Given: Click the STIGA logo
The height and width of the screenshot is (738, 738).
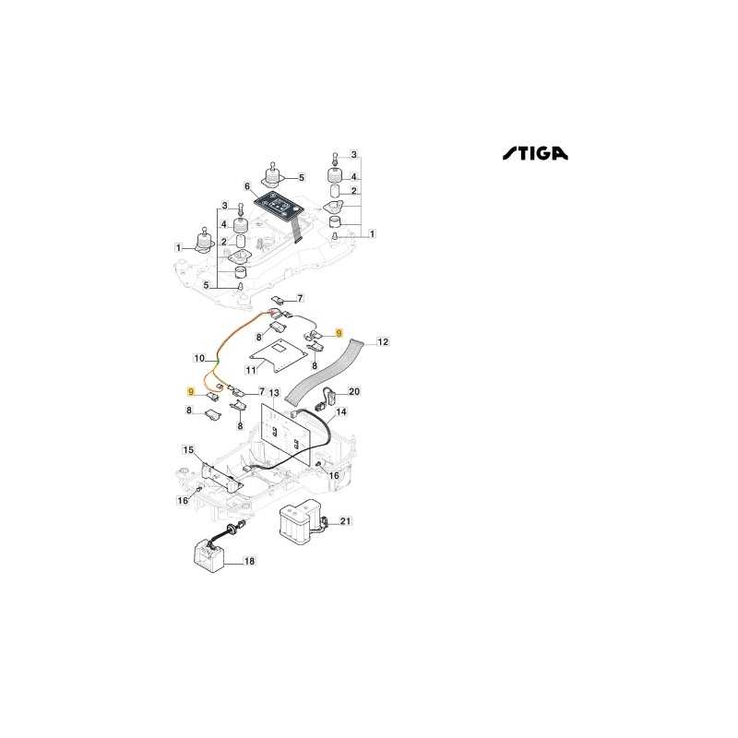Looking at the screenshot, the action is (535, 153).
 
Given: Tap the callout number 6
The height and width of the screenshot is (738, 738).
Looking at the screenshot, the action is (247, 186).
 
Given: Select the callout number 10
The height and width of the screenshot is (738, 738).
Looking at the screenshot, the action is (199, 358).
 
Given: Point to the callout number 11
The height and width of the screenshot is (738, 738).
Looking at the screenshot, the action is (251, 370).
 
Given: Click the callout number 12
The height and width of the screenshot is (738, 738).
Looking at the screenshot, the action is (383, 341).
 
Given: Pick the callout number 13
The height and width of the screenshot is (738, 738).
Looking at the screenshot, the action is (274, 393).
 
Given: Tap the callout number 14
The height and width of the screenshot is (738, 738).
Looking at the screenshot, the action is (341, 411).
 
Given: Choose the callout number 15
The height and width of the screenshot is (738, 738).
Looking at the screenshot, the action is (188, 450).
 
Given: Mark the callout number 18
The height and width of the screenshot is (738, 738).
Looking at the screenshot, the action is (249, 561).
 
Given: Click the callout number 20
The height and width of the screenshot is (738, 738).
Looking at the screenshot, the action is (354, 391).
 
